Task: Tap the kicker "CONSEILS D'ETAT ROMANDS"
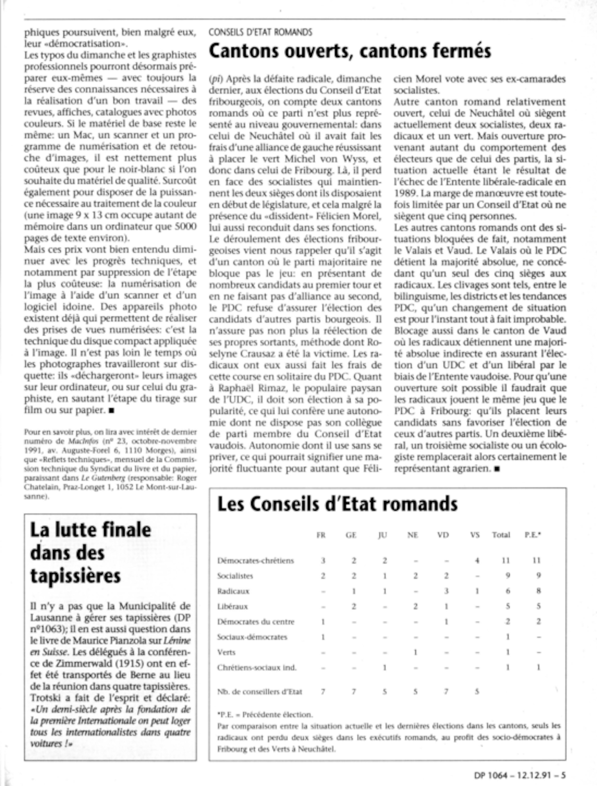click(260, 32)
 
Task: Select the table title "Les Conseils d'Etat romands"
click(337, 504)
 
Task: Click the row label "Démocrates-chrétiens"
click(256, 561)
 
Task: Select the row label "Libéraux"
click(233, 606)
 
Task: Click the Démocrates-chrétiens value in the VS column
click(477, 561)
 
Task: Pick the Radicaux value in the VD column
click(446, 591)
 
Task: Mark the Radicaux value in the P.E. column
click(539, 591)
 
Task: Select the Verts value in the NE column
click(416, 652)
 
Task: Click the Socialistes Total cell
click(508, 576)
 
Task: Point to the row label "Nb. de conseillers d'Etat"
click(259, 692)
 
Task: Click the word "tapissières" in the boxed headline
click(75, 575)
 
